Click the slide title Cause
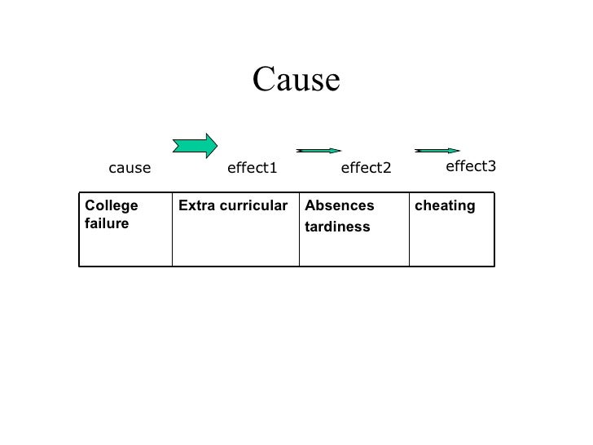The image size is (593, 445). click(295, 80)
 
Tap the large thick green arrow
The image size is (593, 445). click(195, 145)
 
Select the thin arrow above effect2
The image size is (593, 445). click(318, 151)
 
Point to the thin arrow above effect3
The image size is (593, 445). click(437, 151)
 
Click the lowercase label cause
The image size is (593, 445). click(130, 169)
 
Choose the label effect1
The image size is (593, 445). click(253, 169)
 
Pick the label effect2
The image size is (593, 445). click(366, 169)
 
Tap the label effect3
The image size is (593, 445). click(471, 166)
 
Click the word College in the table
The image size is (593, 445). click(112, 206)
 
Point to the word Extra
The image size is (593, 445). click(195, 206)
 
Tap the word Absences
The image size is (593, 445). click(340, 206)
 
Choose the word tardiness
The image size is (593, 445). click(337, 227)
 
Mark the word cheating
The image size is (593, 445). click(445, 206)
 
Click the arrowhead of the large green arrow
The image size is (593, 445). click(211, 145)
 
